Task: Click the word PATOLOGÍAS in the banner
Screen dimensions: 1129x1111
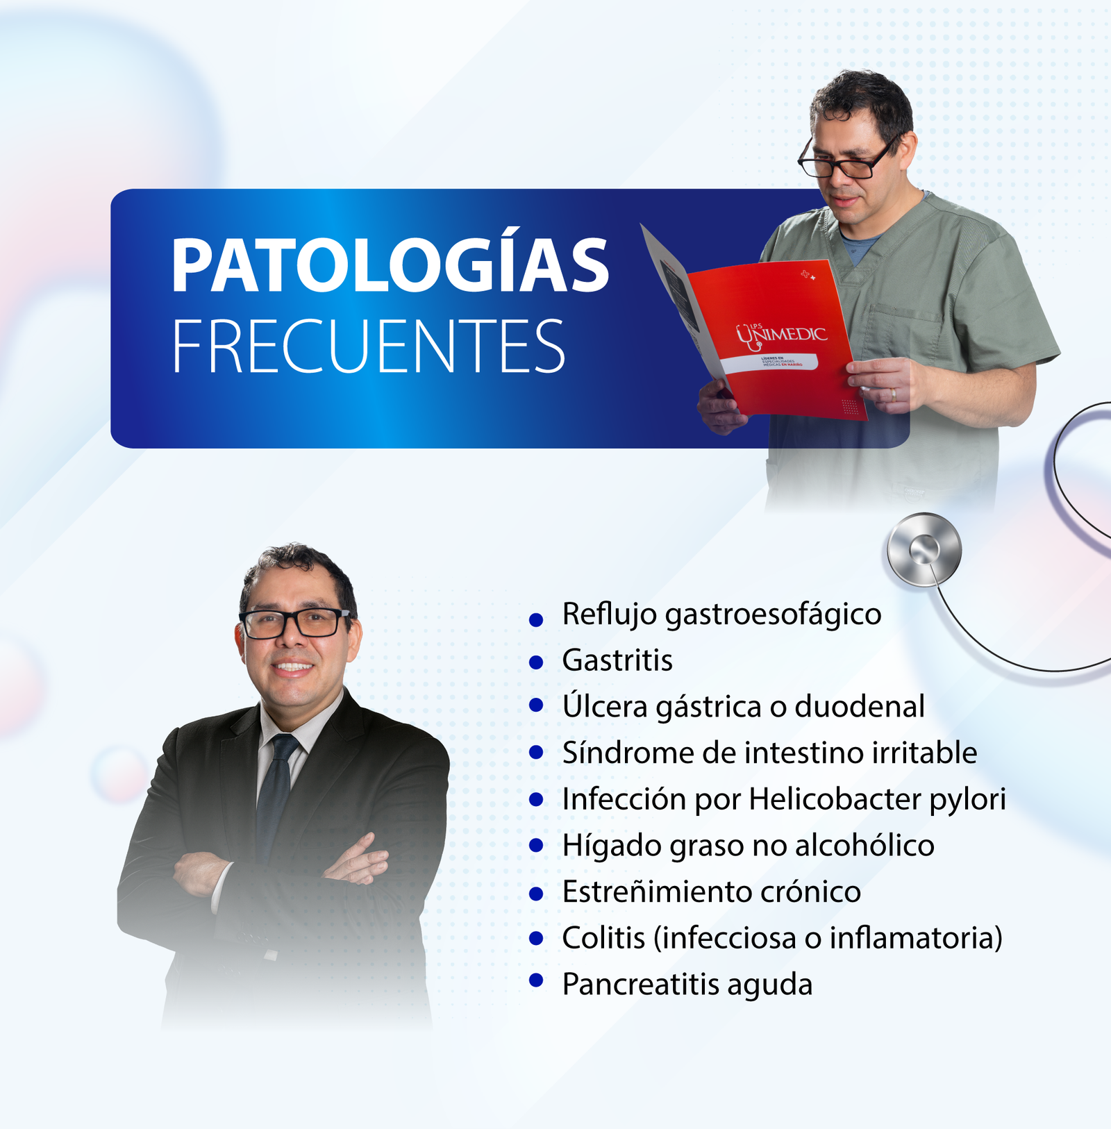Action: pos(390,265)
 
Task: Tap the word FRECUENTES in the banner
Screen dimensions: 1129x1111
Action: pos(368,346)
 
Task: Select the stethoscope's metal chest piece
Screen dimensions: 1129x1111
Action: pos(924,550)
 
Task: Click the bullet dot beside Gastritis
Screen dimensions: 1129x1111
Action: pos(535,662)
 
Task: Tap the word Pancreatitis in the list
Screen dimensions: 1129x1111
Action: pos(640,985)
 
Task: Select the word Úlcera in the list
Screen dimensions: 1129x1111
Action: pos(605,706)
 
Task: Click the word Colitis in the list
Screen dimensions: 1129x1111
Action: pos(603,938)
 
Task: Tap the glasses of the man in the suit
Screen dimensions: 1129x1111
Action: pos(294,623)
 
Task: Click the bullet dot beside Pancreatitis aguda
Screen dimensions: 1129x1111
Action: pos(535,980)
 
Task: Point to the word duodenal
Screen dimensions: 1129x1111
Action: pos(859,707)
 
